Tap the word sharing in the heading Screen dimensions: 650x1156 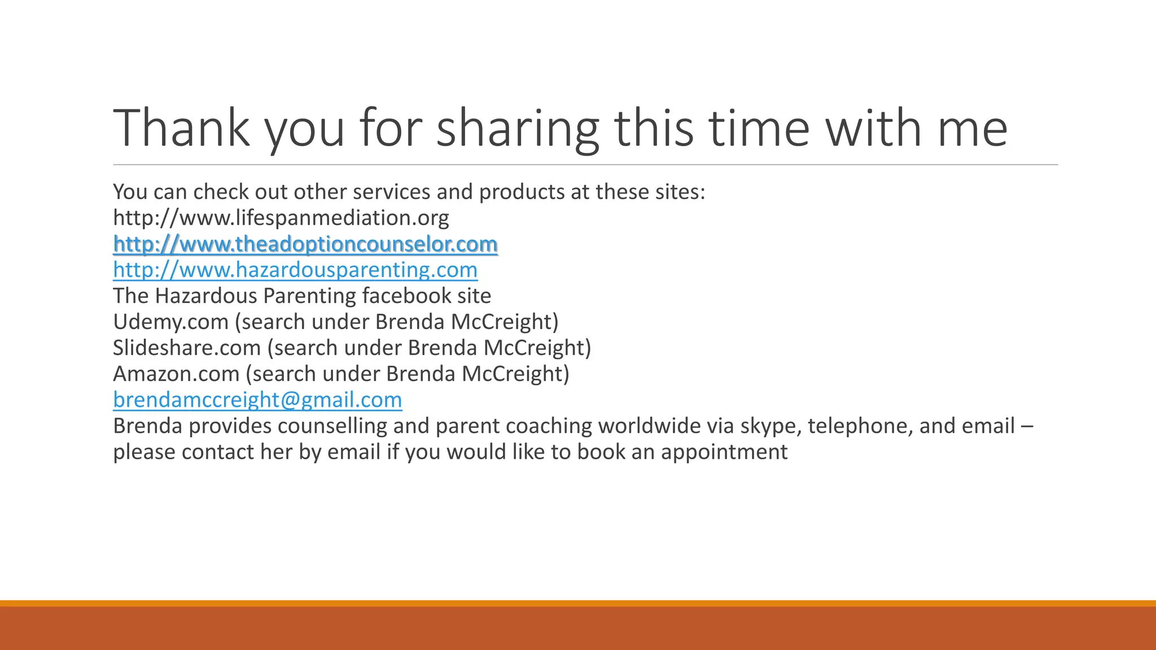click(x=517, y=129)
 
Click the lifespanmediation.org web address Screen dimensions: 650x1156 click(x=281, y=218)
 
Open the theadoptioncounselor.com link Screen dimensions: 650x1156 click(x=305, y=244)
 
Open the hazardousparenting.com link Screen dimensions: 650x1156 click(x=295, y=270)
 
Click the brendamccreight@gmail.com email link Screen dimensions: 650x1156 click(x=257, y=399)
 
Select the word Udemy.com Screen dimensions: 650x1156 click(x=170, y=322)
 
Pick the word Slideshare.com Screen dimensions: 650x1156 click(x=187, y=348)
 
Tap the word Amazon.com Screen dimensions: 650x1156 click(x=176, y=374)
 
